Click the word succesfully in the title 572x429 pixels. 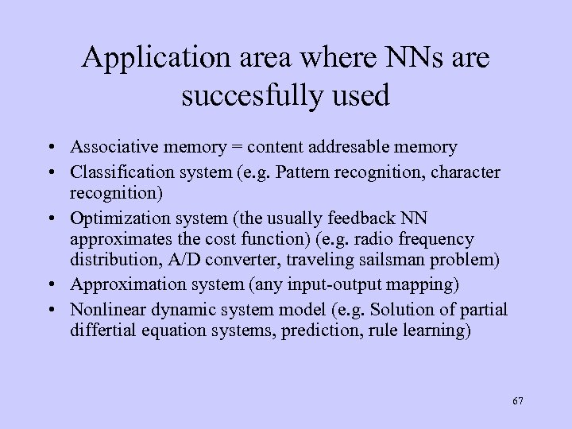[x=253, y=95]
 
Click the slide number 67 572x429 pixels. [x=518, y=401]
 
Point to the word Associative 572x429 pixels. [x=108, y=147]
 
